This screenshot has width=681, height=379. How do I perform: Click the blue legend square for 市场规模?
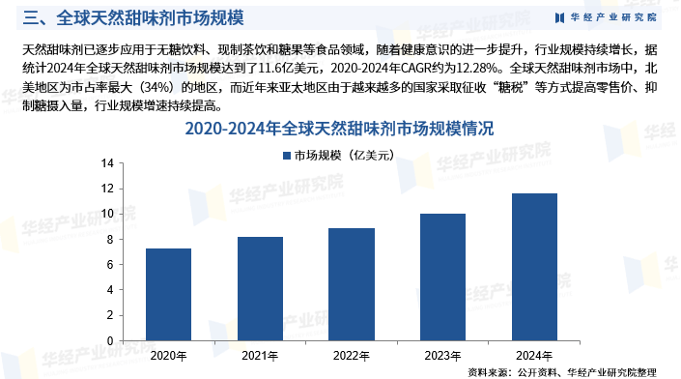point(286,155)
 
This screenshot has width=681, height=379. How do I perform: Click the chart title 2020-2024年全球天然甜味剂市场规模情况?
point(339,129)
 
